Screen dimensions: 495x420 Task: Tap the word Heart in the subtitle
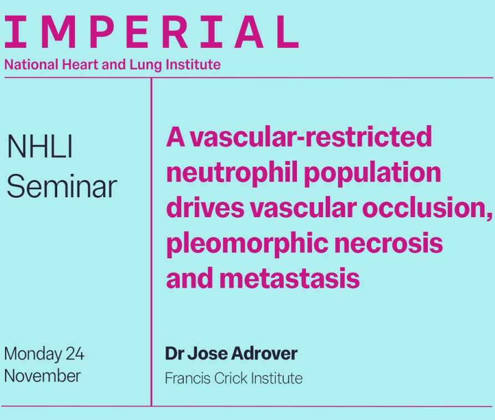pos(80,64)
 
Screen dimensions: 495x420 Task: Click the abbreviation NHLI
pos(40,146)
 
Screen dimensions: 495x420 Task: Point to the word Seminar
pos(62,187)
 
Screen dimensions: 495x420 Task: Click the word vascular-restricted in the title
pos(311,136)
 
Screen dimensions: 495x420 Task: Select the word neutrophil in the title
pos(232,173)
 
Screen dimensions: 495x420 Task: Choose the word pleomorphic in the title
pos(247,244)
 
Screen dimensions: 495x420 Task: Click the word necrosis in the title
pos(388,243)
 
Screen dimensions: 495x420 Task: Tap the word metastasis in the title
pos(290,278)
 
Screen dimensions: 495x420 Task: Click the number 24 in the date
pos(75,354)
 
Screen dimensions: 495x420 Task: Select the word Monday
pos(33,354)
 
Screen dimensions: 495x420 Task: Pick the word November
pos(43,376)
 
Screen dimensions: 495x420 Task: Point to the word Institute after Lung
pos(193,64)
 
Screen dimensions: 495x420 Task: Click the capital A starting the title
pos(175,137)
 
